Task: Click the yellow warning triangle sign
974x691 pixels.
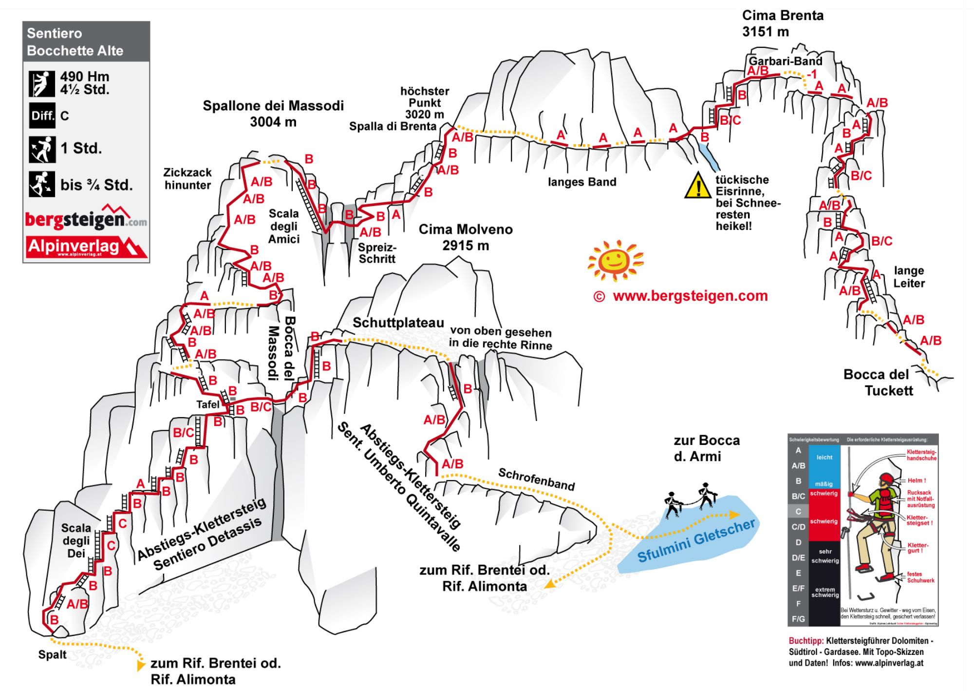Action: [x=698, y=186]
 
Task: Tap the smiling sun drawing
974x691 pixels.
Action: [x=615, y=260]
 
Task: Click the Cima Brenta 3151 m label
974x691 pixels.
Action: [x=782, y=23]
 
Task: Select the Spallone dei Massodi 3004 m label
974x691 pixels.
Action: [x=273, y=114]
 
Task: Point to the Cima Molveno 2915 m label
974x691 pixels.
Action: [x=466, y=237]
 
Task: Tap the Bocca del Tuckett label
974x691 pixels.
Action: [x=878, y=383]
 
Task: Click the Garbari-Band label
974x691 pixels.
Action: [x=785, y=61]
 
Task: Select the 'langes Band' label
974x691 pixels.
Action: [x=582, y=182]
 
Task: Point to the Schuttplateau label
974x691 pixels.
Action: [x=398, y=323]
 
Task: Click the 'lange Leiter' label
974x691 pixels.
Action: [x=909, y=277]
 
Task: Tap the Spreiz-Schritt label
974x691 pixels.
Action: [x=377, y=253]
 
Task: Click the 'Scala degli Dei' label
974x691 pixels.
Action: [x=76, y=540]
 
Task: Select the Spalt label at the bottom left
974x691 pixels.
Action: [x=52, y=654]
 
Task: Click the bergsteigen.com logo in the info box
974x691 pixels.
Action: [x=86, y=219]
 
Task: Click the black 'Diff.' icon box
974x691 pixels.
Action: [x=42, y=116]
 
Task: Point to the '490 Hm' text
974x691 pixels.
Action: [x=85, y=77]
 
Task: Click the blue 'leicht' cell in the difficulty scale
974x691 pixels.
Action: [x=824, y=458]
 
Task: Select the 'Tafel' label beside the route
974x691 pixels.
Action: [x=208, y=404]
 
